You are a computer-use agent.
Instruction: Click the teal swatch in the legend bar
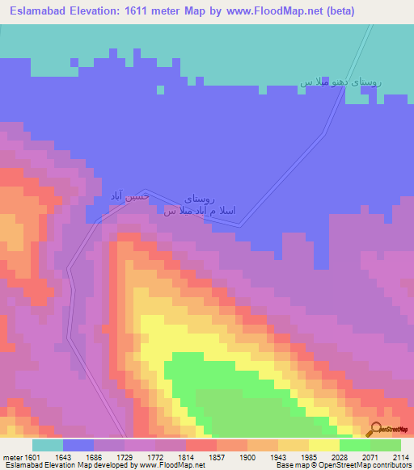coord(47,445)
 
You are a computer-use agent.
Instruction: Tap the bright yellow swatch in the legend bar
coord(323,445)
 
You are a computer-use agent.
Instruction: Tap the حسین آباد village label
coord(129,196)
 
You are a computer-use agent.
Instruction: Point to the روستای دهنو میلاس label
coord(340,82)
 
